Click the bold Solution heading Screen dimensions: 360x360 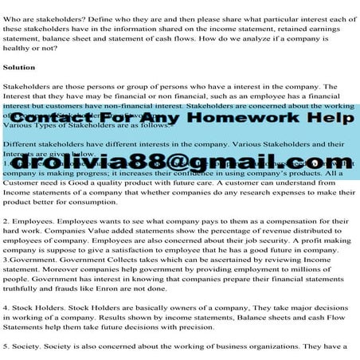click(19, 67)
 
